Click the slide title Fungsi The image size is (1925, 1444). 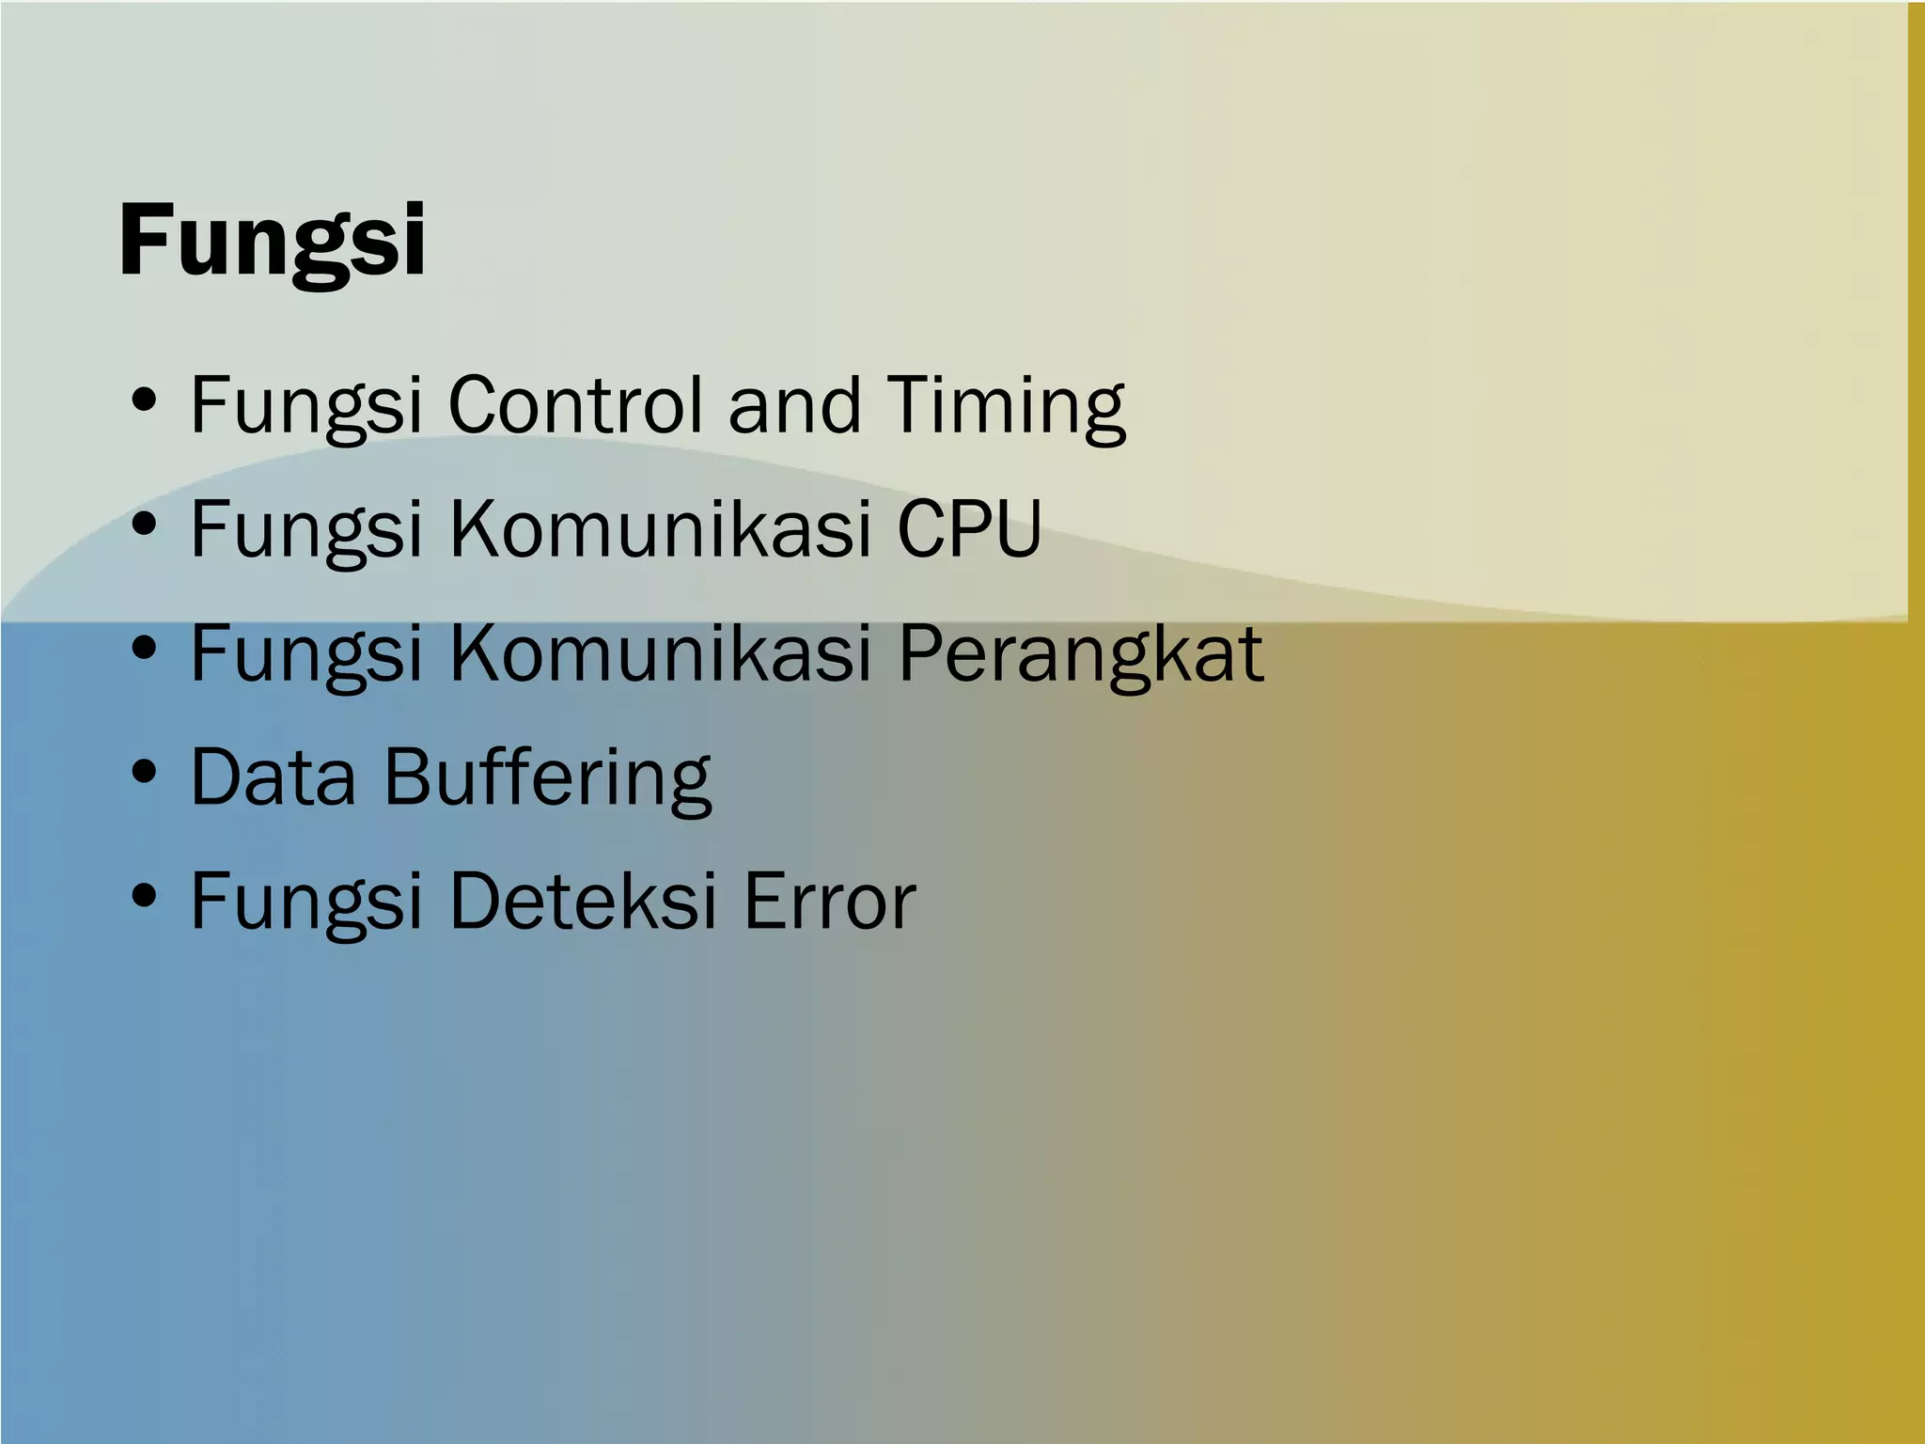[273, 242]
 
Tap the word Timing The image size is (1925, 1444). [1006, 405]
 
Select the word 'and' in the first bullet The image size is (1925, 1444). [794, 405]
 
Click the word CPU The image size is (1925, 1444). [968, 529]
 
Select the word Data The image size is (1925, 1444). [274, 777]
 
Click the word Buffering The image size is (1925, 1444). [548, 777]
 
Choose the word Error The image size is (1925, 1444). [829, 902]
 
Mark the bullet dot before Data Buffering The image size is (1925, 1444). [144, 775]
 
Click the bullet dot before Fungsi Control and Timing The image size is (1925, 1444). [144, 402]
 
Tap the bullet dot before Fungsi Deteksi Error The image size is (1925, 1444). [144, 897]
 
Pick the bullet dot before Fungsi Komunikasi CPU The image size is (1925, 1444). [144, 526]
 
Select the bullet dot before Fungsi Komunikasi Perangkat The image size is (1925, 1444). [144, 650]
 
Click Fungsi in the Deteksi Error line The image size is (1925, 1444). [305, 902]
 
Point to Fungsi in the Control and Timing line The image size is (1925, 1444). [305, 405]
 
